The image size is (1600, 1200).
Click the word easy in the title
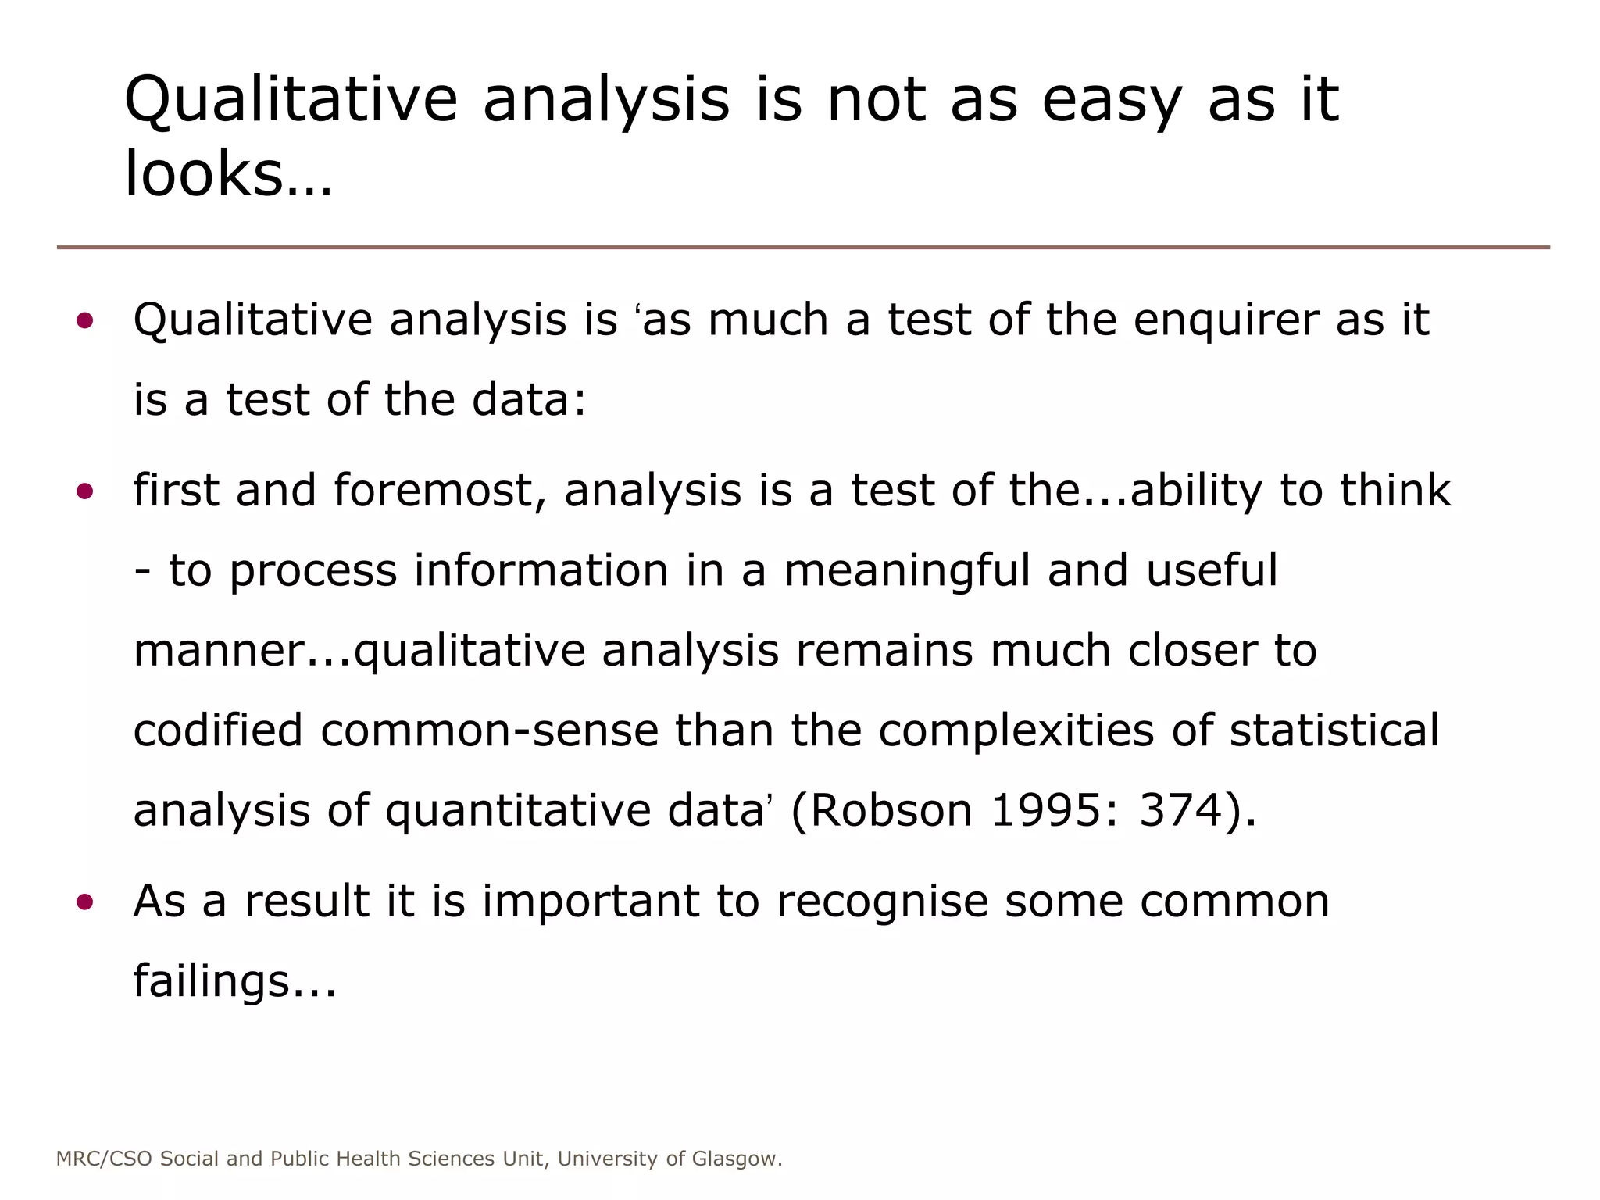point(1112,101)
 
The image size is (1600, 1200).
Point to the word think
point(1395,491)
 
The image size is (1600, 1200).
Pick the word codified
point(218,730)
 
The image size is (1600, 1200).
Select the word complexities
point(1016,730)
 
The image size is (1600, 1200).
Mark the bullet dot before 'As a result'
point(85,903)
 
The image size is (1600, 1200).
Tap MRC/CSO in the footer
point(104,1159)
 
